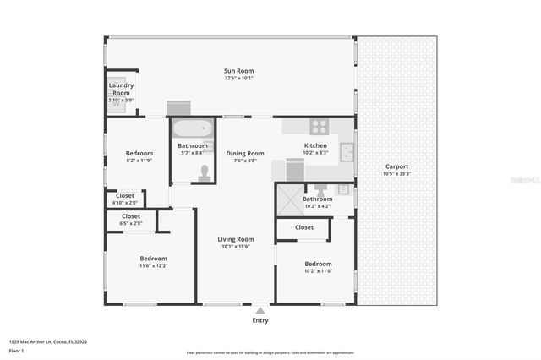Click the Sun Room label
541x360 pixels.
point(239,71)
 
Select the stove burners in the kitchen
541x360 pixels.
point(319,128)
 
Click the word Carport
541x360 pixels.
point(396,166)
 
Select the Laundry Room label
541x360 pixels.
point(121,89)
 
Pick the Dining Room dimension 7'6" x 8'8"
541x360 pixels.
point(245,161)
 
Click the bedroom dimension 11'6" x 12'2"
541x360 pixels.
point(153,265)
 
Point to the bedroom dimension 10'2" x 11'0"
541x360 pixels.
point(319,271)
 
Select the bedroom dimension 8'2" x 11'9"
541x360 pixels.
point(139,160)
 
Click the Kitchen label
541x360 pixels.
point(315,145)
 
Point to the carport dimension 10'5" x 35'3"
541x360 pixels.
point(396,174)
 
